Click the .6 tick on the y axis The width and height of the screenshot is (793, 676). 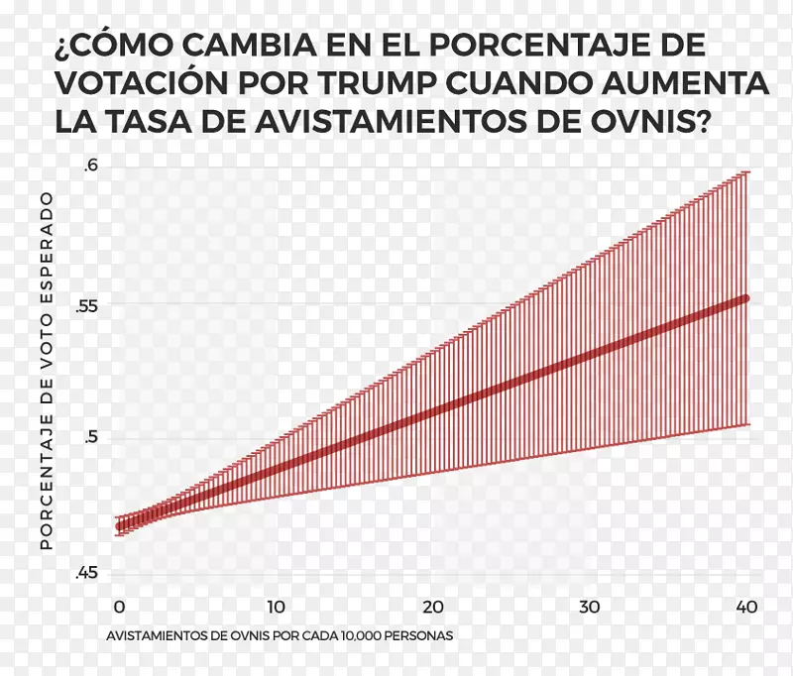coord(91,167)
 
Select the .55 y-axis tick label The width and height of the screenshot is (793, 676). coord(87,305)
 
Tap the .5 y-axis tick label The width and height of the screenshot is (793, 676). coord(91,439)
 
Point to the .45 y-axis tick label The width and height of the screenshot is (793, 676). coord(87,574)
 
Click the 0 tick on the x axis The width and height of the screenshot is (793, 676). coord(118,607)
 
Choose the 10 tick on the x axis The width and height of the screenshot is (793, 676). coord(276,607)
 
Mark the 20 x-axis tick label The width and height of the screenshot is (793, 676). coord(432,607)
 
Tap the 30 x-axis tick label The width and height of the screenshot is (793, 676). coord(590,607)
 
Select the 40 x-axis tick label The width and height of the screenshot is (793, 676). coord(745,607)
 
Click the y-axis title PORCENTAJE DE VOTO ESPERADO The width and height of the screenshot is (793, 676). coord(46,372)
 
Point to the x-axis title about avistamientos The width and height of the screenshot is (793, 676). coord(280,634)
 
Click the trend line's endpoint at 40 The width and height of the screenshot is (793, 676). coord(745,297)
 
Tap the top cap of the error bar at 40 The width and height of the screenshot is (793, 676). coord(745,171)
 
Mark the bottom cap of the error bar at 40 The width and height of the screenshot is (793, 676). coord(745,424)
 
